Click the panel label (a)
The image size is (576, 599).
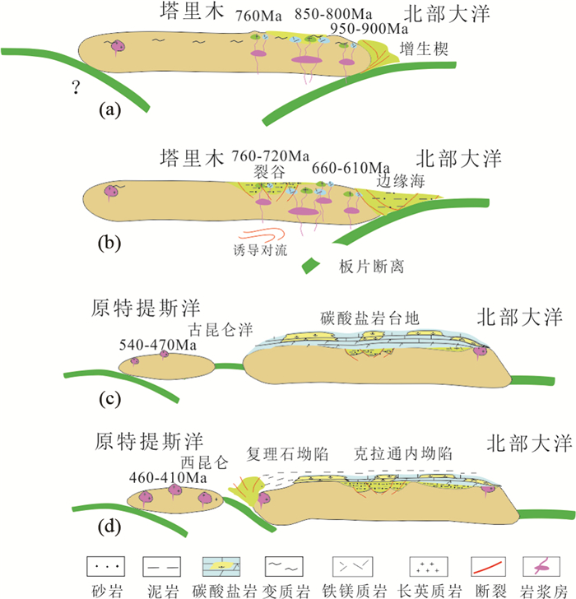pos(110,109)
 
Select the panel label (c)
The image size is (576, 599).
pos(110,400)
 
